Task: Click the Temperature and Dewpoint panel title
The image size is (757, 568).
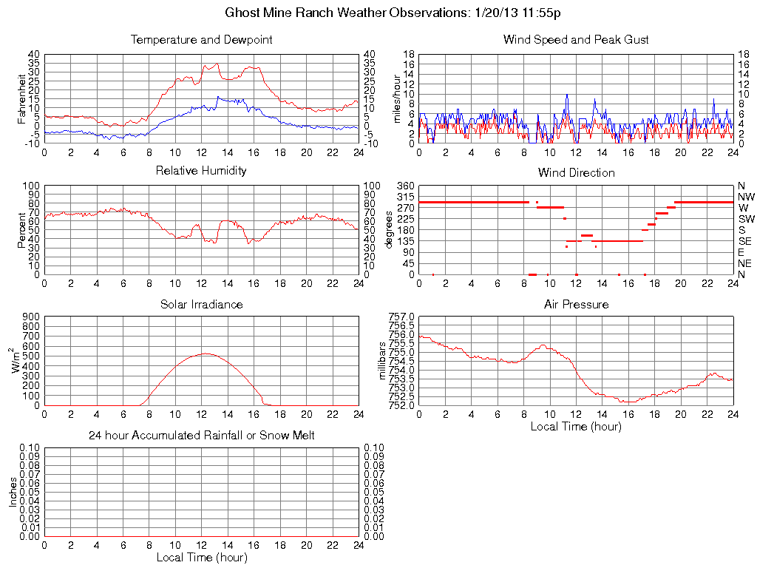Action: pyautogui.click(x=201, y=39)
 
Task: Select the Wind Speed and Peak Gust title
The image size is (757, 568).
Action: pyautogui.click(x=576, y=39)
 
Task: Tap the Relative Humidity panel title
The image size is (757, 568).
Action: pyautogui.click(x=201, y=171)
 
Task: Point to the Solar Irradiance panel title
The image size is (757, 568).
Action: pyautogui.click(x=201, y=304)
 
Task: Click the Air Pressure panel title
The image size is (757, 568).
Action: pyautogui.click(x=576, y=304)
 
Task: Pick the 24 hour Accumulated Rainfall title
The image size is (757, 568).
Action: pyautogui.click(x=201, y=436)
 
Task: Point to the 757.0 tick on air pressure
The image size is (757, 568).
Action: pyautogui.click(x=403, y=317)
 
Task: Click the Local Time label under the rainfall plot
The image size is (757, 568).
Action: pyautogui.click(x=201, y=557)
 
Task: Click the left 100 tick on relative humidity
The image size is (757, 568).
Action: pyautogui.click(x=31, y=185)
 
